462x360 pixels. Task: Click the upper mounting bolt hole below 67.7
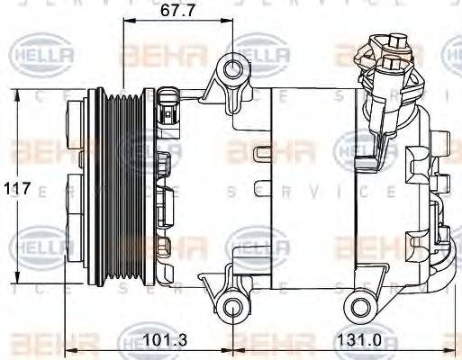pyautogui.click(x=236, y=68)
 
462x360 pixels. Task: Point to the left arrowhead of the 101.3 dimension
pyautogui.click(x=72, y=350)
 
